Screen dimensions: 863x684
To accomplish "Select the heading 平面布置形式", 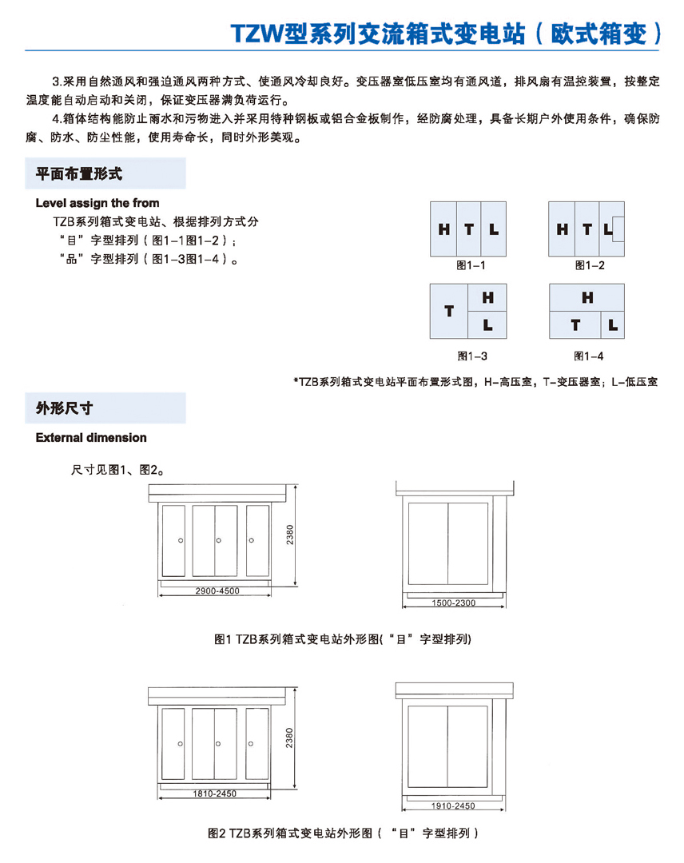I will (79, 173).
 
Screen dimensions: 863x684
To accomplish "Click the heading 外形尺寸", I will (65, 408).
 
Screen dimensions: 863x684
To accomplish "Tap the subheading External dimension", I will (91, 438).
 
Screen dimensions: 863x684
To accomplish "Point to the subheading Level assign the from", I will (97, 203).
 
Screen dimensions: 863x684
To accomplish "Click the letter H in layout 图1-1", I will (444, 230).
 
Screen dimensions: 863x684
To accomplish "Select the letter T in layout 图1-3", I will (449, 311).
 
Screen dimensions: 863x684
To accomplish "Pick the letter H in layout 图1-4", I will (587, 298).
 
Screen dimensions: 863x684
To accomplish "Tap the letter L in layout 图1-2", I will (610, 230).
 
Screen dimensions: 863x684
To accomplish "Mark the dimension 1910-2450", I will (453, 806).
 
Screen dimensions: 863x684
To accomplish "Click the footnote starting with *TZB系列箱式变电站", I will (476, 383).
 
